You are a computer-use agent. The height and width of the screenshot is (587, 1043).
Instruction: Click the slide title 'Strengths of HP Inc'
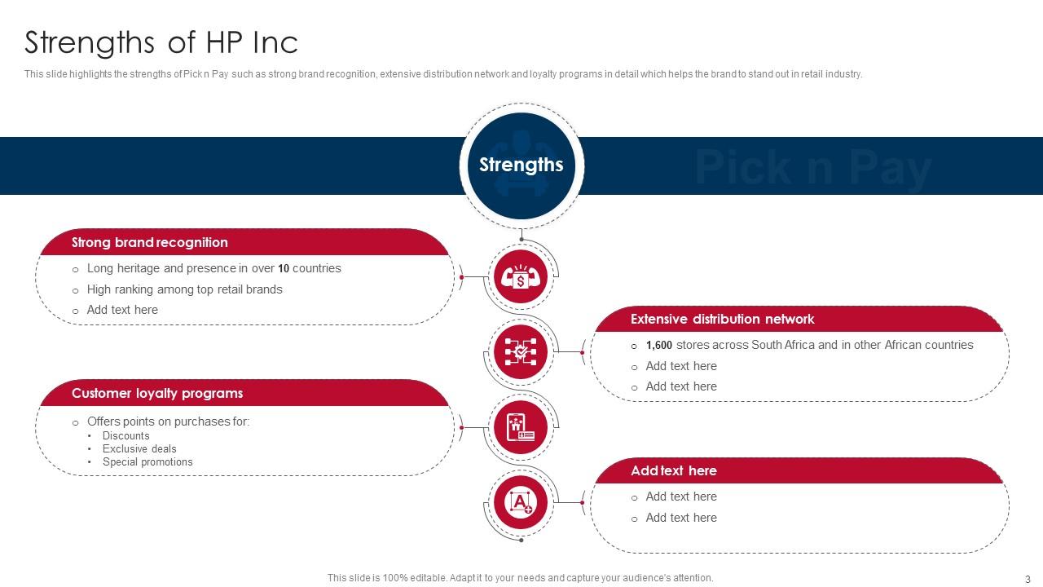pyautogui.click(x=161, y=42)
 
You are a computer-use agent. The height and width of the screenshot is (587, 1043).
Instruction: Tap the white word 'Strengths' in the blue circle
pyautogui.click(x=521, y=165)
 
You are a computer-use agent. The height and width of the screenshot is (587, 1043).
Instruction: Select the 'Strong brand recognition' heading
pyautogui.click(x=150, y=242)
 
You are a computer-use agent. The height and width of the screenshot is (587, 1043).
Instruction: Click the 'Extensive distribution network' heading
pyautogui.click(x=722, y=319)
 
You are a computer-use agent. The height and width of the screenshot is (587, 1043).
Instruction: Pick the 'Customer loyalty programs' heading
pyautogui.click(x=157, y=393)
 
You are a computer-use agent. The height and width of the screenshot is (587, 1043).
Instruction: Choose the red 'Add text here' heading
pyautogui.click(x=673, y=470)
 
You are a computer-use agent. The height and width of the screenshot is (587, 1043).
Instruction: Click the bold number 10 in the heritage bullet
pyautogui.click(x=284, y=268)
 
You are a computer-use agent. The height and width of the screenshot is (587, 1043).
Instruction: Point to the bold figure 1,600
pyautogui.click(x=659, y=345)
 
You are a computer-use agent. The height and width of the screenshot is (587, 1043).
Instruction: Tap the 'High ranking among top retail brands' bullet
pyautogui.click(x=184, y=289)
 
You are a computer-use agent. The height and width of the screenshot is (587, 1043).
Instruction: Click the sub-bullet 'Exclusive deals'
pyautogui.click(x=139, y=448)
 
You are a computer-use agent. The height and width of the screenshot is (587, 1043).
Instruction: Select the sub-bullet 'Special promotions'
pyautogui.click(x=147, y=461)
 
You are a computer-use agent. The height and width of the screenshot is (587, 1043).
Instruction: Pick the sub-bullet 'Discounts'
pyautogui.click(x=126, y=435)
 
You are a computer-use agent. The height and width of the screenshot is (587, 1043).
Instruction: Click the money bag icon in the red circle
pyautogui.click(x=521, y=277)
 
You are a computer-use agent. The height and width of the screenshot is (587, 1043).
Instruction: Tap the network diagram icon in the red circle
pyautogui.click(x=521, y=351)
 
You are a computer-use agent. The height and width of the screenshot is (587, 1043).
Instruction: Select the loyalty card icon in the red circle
pyautogui.click(x=521, y=427)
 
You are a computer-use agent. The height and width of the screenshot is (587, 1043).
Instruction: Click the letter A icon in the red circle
pyautogui.click(x=521, y=502)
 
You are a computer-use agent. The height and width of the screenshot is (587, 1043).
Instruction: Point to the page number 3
pyautogui.click(x=1028, y=579)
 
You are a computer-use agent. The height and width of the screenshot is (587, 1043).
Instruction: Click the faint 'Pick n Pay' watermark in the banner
pyautogui.click(x=812, y=167)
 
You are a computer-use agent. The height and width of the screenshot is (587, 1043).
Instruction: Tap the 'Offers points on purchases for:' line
pyautogui.click(x=168, y=421)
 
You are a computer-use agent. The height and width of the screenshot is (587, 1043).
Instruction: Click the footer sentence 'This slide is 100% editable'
pyautogui.click(x=520, y=578)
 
